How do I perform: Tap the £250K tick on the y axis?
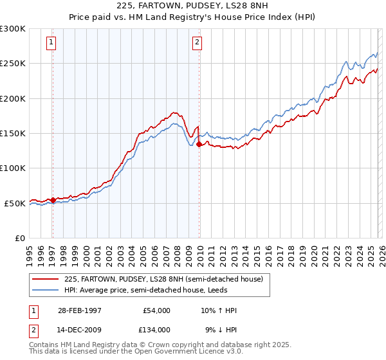click(13, 64)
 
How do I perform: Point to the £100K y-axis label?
click(13, 168)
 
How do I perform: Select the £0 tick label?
click(19, 238)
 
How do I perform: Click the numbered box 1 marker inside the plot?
click(51, 43)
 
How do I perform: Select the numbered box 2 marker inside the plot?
click(197, 43)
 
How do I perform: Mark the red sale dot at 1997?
click(53, 200)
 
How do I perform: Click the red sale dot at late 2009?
click(199, 145)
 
